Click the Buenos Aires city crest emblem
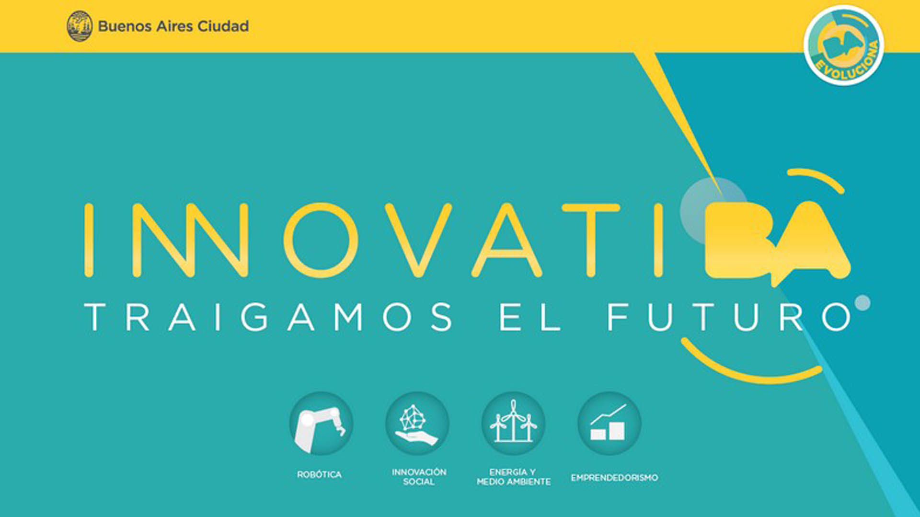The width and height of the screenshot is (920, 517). pyautogui.click(x=80, y=26)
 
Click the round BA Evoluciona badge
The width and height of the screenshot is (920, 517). pyautogui.click(x=844, y=45)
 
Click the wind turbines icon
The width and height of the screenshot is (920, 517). pyautogui.click(x=513, y=424)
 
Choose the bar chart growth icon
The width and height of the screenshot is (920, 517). pyautogui.click(x=609, y=424)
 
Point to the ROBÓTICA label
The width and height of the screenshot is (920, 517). pyautogui.click(x=320, y=474)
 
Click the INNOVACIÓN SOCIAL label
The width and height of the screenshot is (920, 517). pyautogui.click(x=419, y=477)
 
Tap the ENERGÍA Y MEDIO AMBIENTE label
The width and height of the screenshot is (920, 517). pyautogui.click(x=514, y=477)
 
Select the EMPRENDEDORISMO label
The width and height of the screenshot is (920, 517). pyautogui.click(x=614, y=478)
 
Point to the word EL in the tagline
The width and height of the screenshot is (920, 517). pyautogui.click(x=530, y=317)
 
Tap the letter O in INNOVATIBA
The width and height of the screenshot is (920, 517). pyautogui.click(x=321, y=240)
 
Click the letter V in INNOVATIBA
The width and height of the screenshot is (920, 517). pyautogui.click(x=418, y=240)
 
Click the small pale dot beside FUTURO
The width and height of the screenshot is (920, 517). pyautogui.click(x=862, y=303)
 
